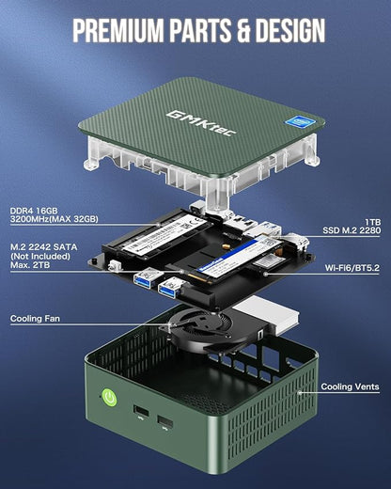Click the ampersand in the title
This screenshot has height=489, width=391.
point(231,31)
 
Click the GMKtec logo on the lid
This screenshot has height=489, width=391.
point(188,121)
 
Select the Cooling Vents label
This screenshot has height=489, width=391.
point(350,386)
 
